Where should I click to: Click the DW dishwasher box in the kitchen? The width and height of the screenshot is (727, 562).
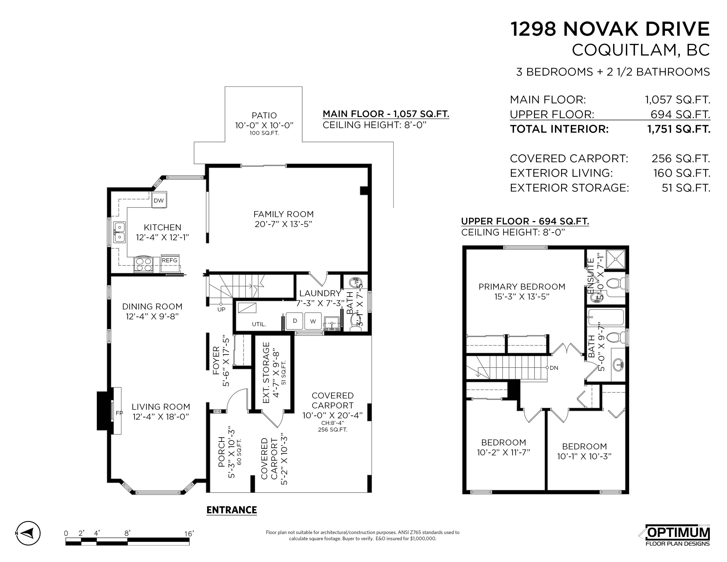pyautogui.click(x=159, y=200)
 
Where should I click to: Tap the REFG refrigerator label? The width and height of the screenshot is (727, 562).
pyautogui.click(x=169, y=260)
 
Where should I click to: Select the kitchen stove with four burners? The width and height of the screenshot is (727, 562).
pyautogui.click(x=143, y=265)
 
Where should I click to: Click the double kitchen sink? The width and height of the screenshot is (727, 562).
pyautogui.click(x=120, y=232)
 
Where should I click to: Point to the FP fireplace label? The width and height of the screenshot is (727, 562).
pyautogui.click(x=119, y=413)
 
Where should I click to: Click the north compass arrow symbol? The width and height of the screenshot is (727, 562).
pyautogui.click(x=28, y=533)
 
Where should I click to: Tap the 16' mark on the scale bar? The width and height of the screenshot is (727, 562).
pyautogui.click(x=189, y=534)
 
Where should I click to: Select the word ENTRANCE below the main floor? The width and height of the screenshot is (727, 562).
pyautogui.click(x=232, y=510)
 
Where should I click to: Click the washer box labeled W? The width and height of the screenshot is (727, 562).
pyautogui.click(x=313, y=321)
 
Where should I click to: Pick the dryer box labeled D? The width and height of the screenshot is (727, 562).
pyautogui.click(x=295, y=321)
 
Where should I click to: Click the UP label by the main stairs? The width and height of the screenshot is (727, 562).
pyautogui.click(x=221, y=309)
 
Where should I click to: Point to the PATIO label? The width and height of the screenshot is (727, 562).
pyautogui.click(x=264, y=116)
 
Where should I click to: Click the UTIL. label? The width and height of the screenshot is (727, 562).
pyautogui.click(x=259, y=324)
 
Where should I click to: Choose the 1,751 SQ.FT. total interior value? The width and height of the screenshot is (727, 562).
pyautogui.click(x=678, y=129)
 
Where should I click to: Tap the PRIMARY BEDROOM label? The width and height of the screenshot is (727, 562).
pyautogui.click(x=522, y=287)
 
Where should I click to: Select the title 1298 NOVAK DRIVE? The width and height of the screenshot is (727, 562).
pyautogui.click(x=610, y=29)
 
